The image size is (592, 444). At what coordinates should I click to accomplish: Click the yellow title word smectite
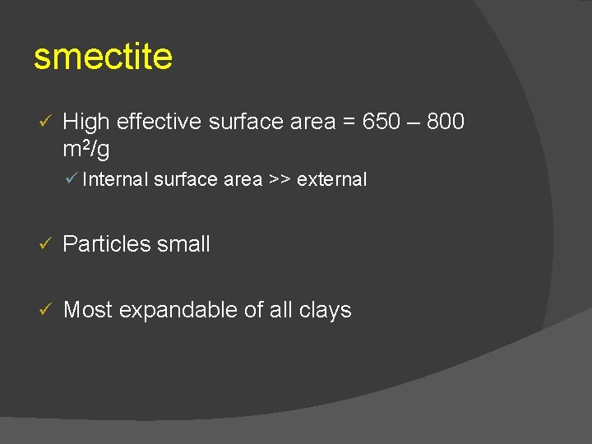click(103, 58)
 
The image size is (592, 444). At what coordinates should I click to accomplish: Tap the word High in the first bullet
click(86, 123)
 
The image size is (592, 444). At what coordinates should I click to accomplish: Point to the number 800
click(445, 123)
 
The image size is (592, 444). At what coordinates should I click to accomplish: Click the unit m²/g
click(86, 149)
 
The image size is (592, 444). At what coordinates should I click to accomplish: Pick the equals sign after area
click(349, 123)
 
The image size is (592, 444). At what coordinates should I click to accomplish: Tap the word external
click(331, 179)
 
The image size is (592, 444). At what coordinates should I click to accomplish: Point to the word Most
click(88, 310)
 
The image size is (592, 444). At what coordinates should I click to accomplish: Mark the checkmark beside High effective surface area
click(46, 123)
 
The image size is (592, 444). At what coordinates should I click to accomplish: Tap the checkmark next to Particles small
click(46, 244)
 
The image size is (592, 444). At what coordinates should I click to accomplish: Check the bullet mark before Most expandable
click(46, 310)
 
